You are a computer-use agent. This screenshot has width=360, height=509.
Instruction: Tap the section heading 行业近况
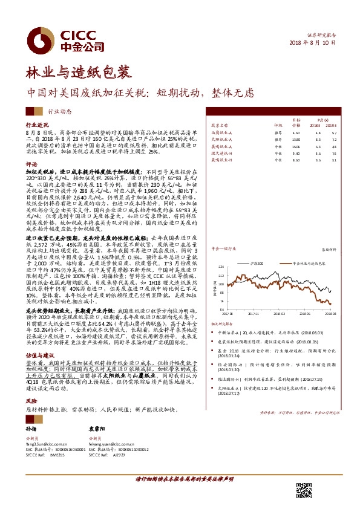coord(36,123)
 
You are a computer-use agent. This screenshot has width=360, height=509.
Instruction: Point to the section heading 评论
coord(31,164)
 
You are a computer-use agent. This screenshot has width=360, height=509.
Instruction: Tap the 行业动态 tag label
coord(59,111)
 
